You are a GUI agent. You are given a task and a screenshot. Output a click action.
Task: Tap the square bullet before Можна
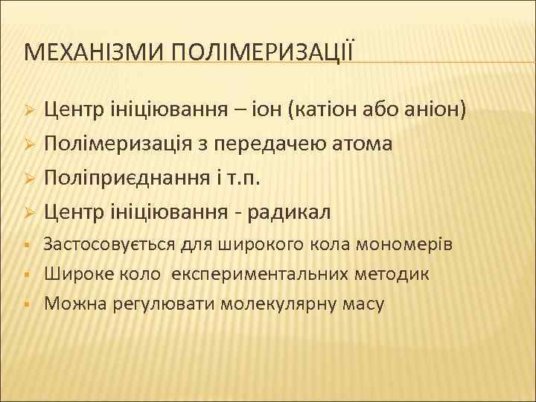click(x=26, y=304)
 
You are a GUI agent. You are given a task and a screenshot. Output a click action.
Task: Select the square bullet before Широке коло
click(x=26, y=274)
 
